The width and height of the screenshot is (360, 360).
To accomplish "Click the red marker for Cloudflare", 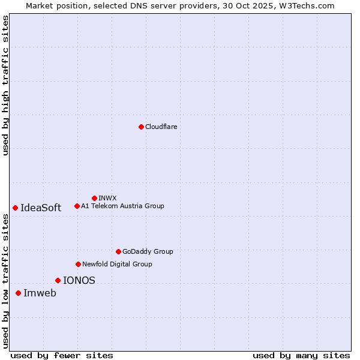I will click(141, 127).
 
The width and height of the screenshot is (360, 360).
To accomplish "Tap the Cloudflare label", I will click(161, 127).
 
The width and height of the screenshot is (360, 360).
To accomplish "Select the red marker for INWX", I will click(94, 198).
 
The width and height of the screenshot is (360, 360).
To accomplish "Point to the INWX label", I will click(107, 198).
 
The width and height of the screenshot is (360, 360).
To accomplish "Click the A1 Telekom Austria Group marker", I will click(77, 206).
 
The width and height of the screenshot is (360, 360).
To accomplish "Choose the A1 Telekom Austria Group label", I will click(122, 206).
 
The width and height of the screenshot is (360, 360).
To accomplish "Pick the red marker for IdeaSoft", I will click(15, 208).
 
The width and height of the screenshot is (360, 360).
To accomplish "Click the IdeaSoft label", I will click(41, 208).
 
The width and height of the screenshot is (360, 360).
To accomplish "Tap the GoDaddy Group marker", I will click(118, 251).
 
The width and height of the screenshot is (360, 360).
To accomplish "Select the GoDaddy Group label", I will click(148, 251).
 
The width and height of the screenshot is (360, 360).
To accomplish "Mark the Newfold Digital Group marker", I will click(78, 264).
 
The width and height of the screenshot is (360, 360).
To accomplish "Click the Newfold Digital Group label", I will click(117, 264).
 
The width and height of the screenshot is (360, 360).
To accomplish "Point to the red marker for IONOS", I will click(58, 280).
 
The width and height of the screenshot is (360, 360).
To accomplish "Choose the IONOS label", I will click(79, 280).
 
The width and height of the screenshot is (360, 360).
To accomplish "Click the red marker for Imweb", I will click(18, 293).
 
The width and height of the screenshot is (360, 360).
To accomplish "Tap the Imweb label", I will click(40, 293).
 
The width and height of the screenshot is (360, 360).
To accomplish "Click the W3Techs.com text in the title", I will click(306, 5).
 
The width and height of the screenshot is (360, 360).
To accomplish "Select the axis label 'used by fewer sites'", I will click(62, 355).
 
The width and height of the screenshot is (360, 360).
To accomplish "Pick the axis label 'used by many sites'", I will click(301, 355).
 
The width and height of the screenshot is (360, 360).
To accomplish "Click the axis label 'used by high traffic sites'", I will click(5, 85).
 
